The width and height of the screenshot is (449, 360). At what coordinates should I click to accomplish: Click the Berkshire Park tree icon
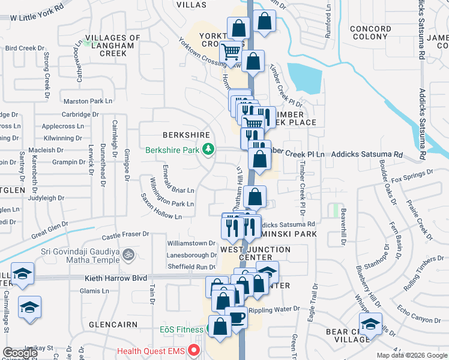(208, 149)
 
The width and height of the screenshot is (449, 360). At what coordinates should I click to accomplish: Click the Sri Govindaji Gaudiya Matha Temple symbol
(127, 256)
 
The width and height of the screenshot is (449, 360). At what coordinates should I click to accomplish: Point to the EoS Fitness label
(182, 330)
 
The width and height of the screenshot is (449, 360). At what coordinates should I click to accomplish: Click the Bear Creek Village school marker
(371, 324)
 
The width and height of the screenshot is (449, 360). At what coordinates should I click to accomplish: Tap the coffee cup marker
(237, 317)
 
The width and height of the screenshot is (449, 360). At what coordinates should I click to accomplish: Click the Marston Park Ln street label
(88, 101)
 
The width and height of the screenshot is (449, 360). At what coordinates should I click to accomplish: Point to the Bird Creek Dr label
(25, 47)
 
